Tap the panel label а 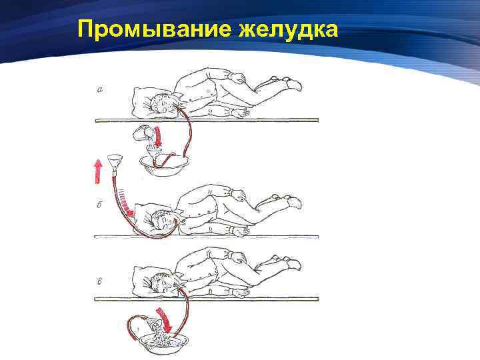point(100,90)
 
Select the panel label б point(99,205)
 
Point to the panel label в point(99,281)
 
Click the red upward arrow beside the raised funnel point(97,172)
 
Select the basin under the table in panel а point(164,166)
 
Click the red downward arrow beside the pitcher point(158,136)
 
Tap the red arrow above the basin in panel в point(165,320)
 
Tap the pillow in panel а point(149,99)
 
